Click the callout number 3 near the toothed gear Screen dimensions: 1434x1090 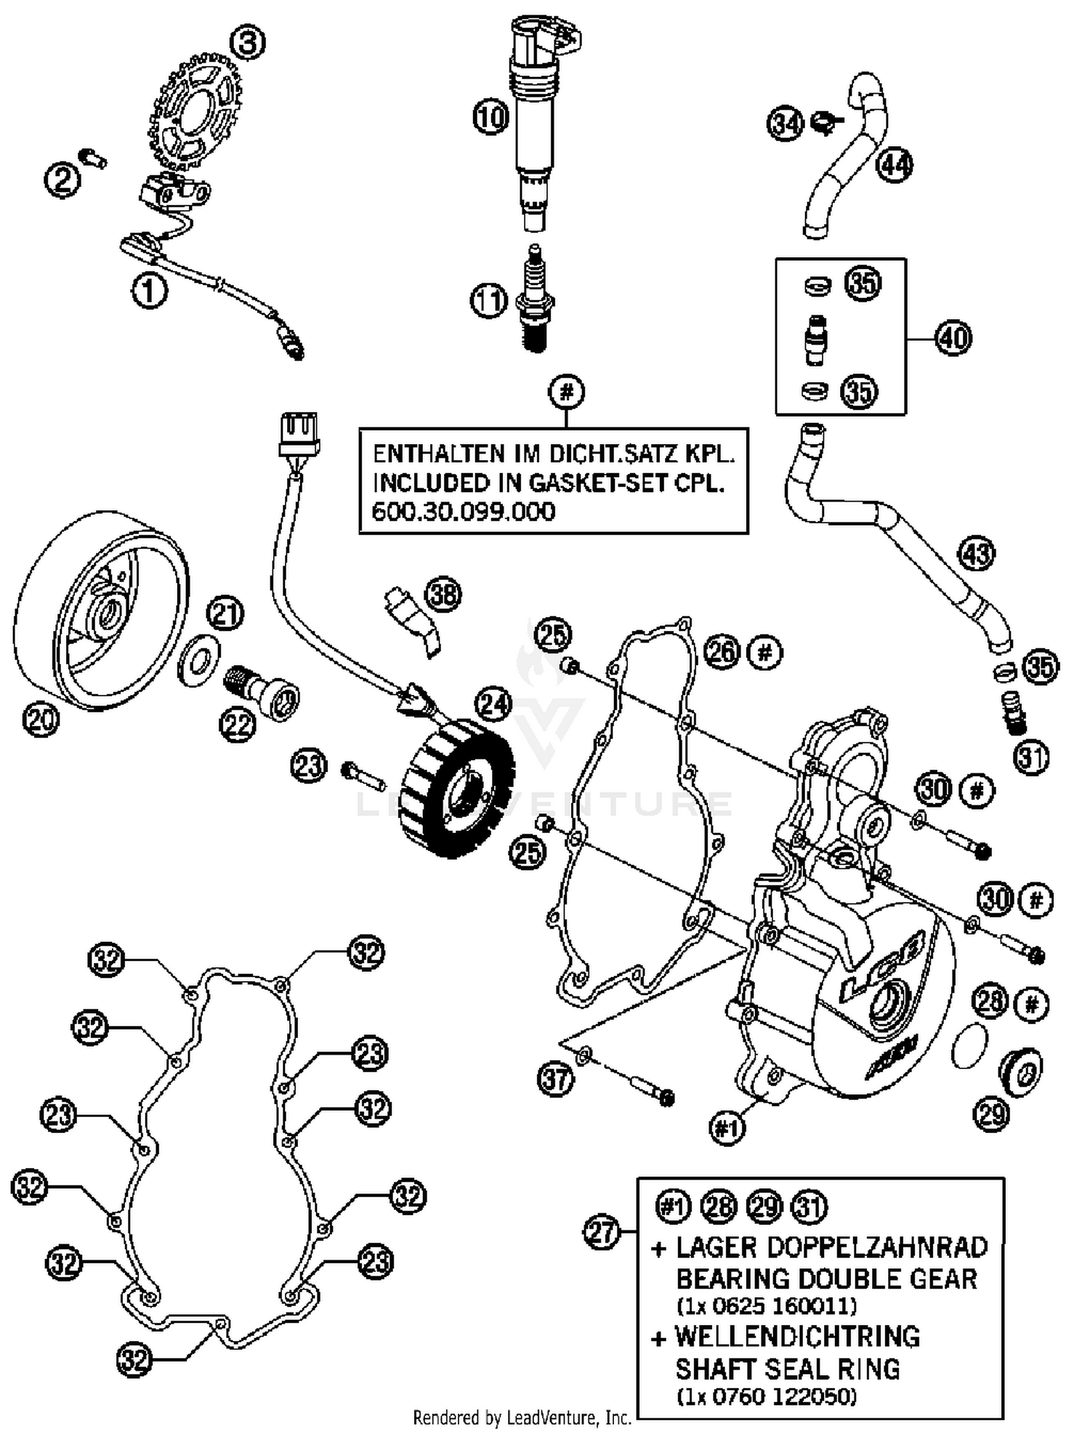tap(247, 44)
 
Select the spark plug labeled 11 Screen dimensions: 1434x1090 tap(536, 299)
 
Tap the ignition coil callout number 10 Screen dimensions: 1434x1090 tap(490, 116)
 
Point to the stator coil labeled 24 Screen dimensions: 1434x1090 tap(458, 789)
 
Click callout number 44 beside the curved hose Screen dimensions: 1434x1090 tap(894, 166)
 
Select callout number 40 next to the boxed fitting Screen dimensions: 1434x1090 tap(953, 338)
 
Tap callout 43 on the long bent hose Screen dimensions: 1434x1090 tap(976, 554)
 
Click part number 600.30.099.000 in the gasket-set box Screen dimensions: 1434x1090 tap(463, 512)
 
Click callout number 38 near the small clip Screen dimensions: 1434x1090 tap(443, 595)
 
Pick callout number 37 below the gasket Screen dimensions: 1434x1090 tap(556, 1079)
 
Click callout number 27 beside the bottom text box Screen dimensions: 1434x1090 tap(602, 1233)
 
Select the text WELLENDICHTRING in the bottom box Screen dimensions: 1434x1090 tap(797, 1337)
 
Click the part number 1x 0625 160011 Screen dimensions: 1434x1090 tap(766, 1306)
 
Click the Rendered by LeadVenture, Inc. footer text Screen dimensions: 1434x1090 tap(522, 1417)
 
